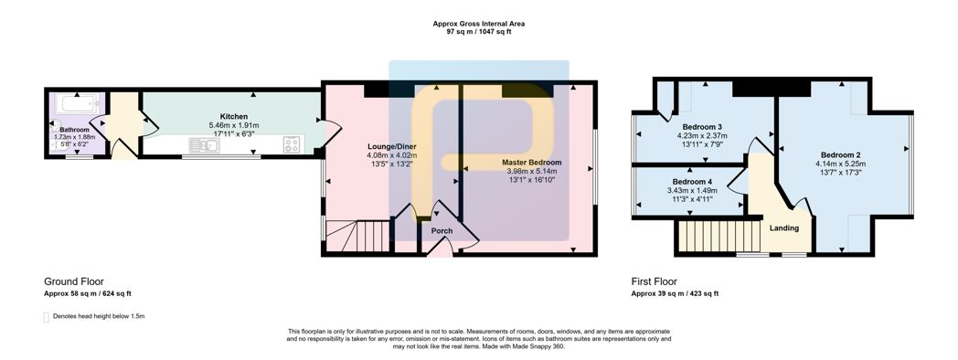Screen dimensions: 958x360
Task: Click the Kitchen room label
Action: [234, 116]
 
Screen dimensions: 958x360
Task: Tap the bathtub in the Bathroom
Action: [79, 102]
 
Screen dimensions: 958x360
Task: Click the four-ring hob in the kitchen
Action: [292, 145]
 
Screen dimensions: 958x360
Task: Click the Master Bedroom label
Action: [531, 163]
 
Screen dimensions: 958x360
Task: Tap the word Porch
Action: [442, 231]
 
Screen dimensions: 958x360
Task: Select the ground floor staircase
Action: [357, 236]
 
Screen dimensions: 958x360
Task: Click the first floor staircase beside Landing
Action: [718, 237]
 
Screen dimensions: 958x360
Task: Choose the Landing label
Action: [784, 228]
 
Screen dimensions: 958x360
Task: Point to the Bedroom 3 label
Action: [706, 126]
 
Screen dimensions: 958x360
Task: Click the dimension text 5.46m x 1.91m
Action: [234, 124]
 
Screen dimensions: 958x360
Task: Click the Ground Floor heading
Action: [74, 281]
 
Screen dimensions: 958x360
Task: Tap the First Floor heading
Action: [654, 281]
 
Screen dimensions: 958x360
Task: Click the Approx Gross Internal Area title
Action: [479, 24]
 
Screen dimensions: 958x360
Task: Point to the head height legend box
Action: [47, 317]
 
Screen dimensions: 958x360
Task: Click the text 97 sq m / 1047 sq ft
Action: [479, 31]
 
